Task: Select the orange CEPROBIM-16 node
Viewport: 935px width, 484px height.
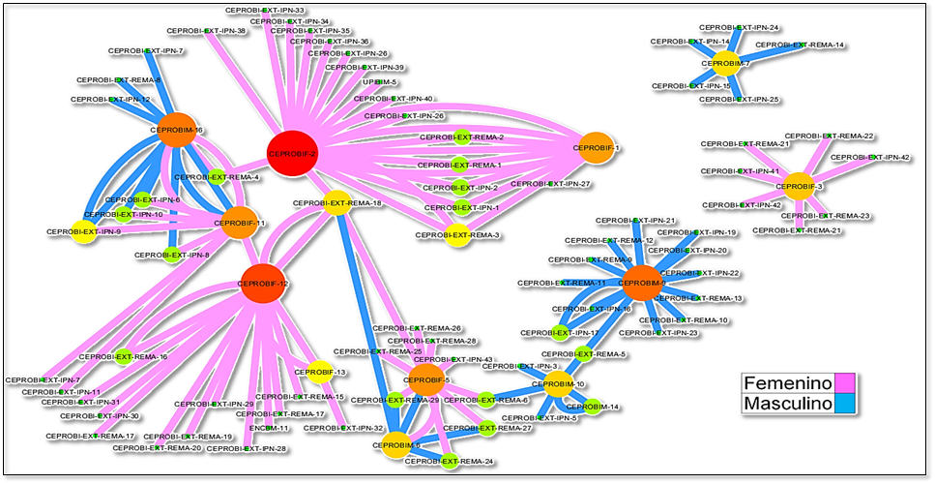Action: click(178, 130)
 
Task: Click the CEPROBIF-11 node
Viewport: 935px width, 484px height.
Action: click(240, 223)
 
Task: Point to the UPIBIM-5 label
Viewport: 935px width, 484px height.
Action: click(379, 82)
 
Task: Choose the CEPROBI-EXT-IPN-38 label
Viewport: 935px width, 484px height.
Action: click(206, 31)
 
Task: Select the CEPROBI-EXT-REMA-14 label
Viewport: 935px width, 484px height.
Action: click(800, 45)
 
